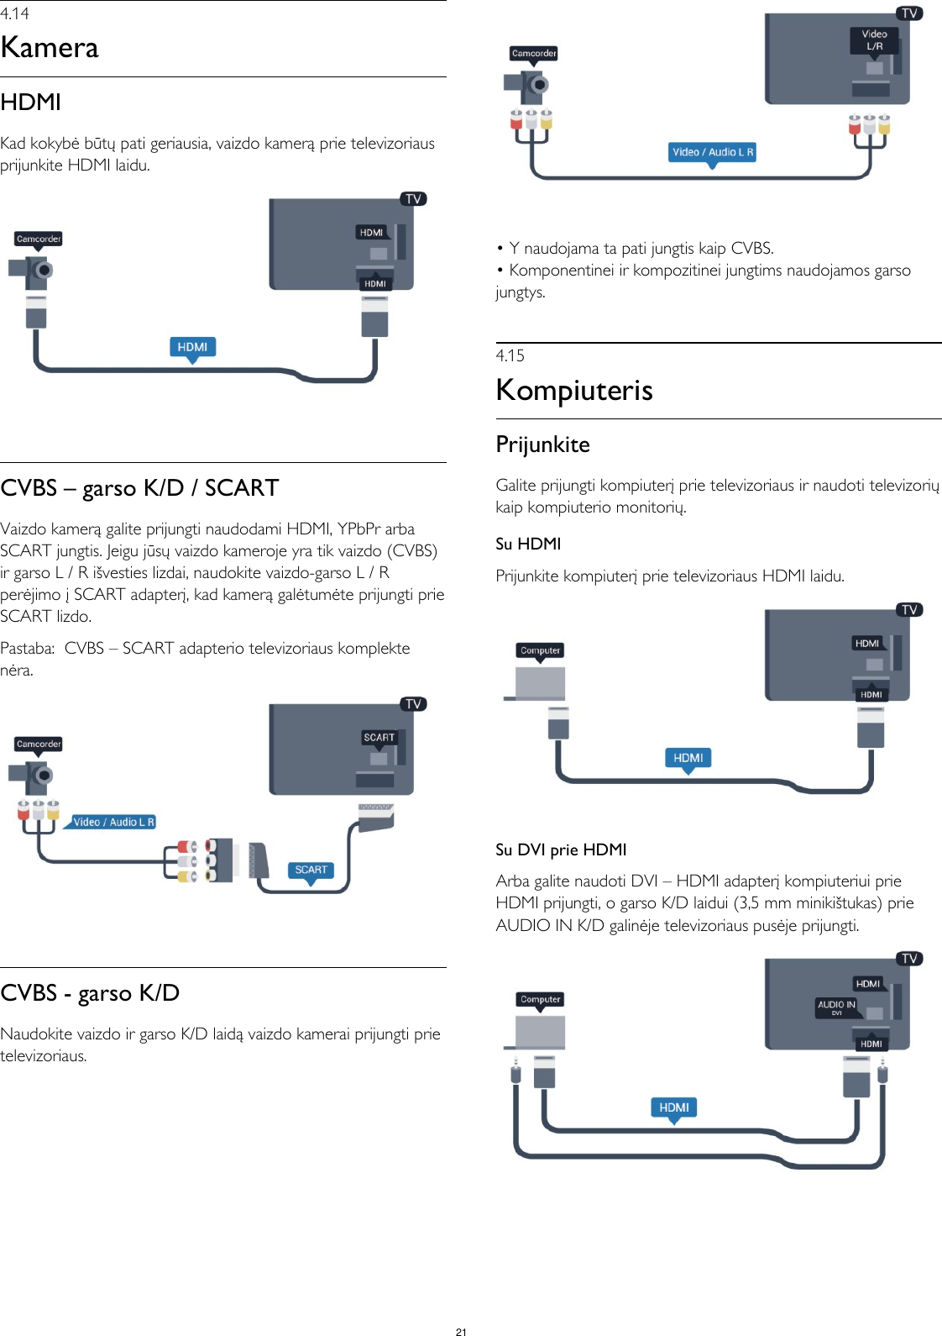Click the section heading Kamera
coord(50,48)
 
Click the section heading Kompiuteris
coord(574,391)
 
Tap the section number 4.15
coord(510,355)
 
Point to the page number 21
coord(461,1331)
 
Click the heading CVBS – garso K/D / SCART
coord(139,488)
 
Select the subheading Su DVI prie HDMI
coord(561,849)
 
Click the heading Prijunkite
coord(542,444)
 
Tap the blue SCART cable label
coord(311,871)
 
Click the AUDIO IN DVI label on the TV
coord(836,1007)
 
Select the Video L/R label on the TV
coord(874,40)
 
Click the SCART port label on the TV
coord(379,737)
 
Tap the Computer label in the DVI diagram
coord(540,999)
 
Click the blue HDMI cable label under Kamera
coord(192,347)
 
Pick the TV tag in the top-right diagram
coord(909,13)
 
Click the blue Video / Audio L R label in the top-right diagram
coord(712,152)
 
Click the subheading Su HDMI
coord(528,544)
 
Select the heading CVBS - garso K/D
coord(90,993)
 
